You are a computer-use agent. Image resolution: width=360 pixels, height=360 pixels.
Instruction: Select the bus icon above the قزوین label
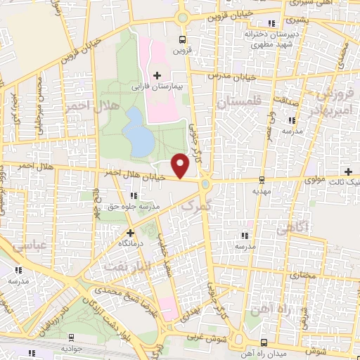click(x=182, y=40)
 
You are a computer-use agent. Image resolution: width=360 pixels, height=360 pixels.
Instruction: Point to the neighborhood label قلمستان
click(x=239, y=103)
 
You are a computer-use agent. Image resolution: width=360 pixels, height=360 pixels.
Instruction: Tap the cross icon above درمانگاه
click(x=129, y=232)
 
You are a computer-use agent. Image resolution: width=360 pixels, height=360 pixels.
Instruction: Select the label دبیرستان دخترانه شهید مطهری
click(x=268, y=39)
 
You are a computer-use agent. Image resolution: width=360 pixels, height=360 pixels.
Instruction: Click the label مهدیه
click(x=262, y=189)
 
